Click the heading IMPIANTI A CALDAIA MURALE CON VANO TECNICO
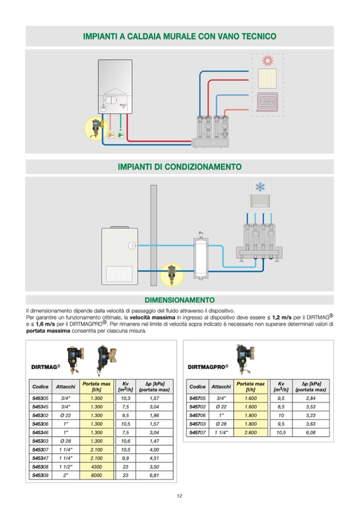coord(179,37)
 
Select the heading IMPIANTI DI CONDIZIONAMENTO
coord(179,167)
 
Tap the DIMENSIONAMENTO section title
coord(179,300)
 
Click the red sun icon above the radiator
coord(267,59)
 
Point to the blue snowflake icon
coord(260,187)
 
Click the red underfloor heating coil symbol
coord(267,101)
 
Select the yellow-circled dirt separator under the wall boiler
coord(96,128)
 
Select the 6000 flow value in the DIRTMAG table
coord(97,475)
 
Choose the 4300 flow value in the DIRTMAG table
coord(97,466)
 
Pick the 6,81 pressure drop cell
coord(154,475)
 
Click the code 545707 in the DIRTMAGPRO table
coord(197,433)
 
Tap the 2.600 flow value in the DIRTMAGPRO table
coord(251,433)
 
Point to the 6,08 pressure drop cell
coord(311,433)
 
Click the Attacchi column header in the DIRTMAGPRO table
coord(221,386)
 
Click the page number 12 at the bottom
coord(179,496)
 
